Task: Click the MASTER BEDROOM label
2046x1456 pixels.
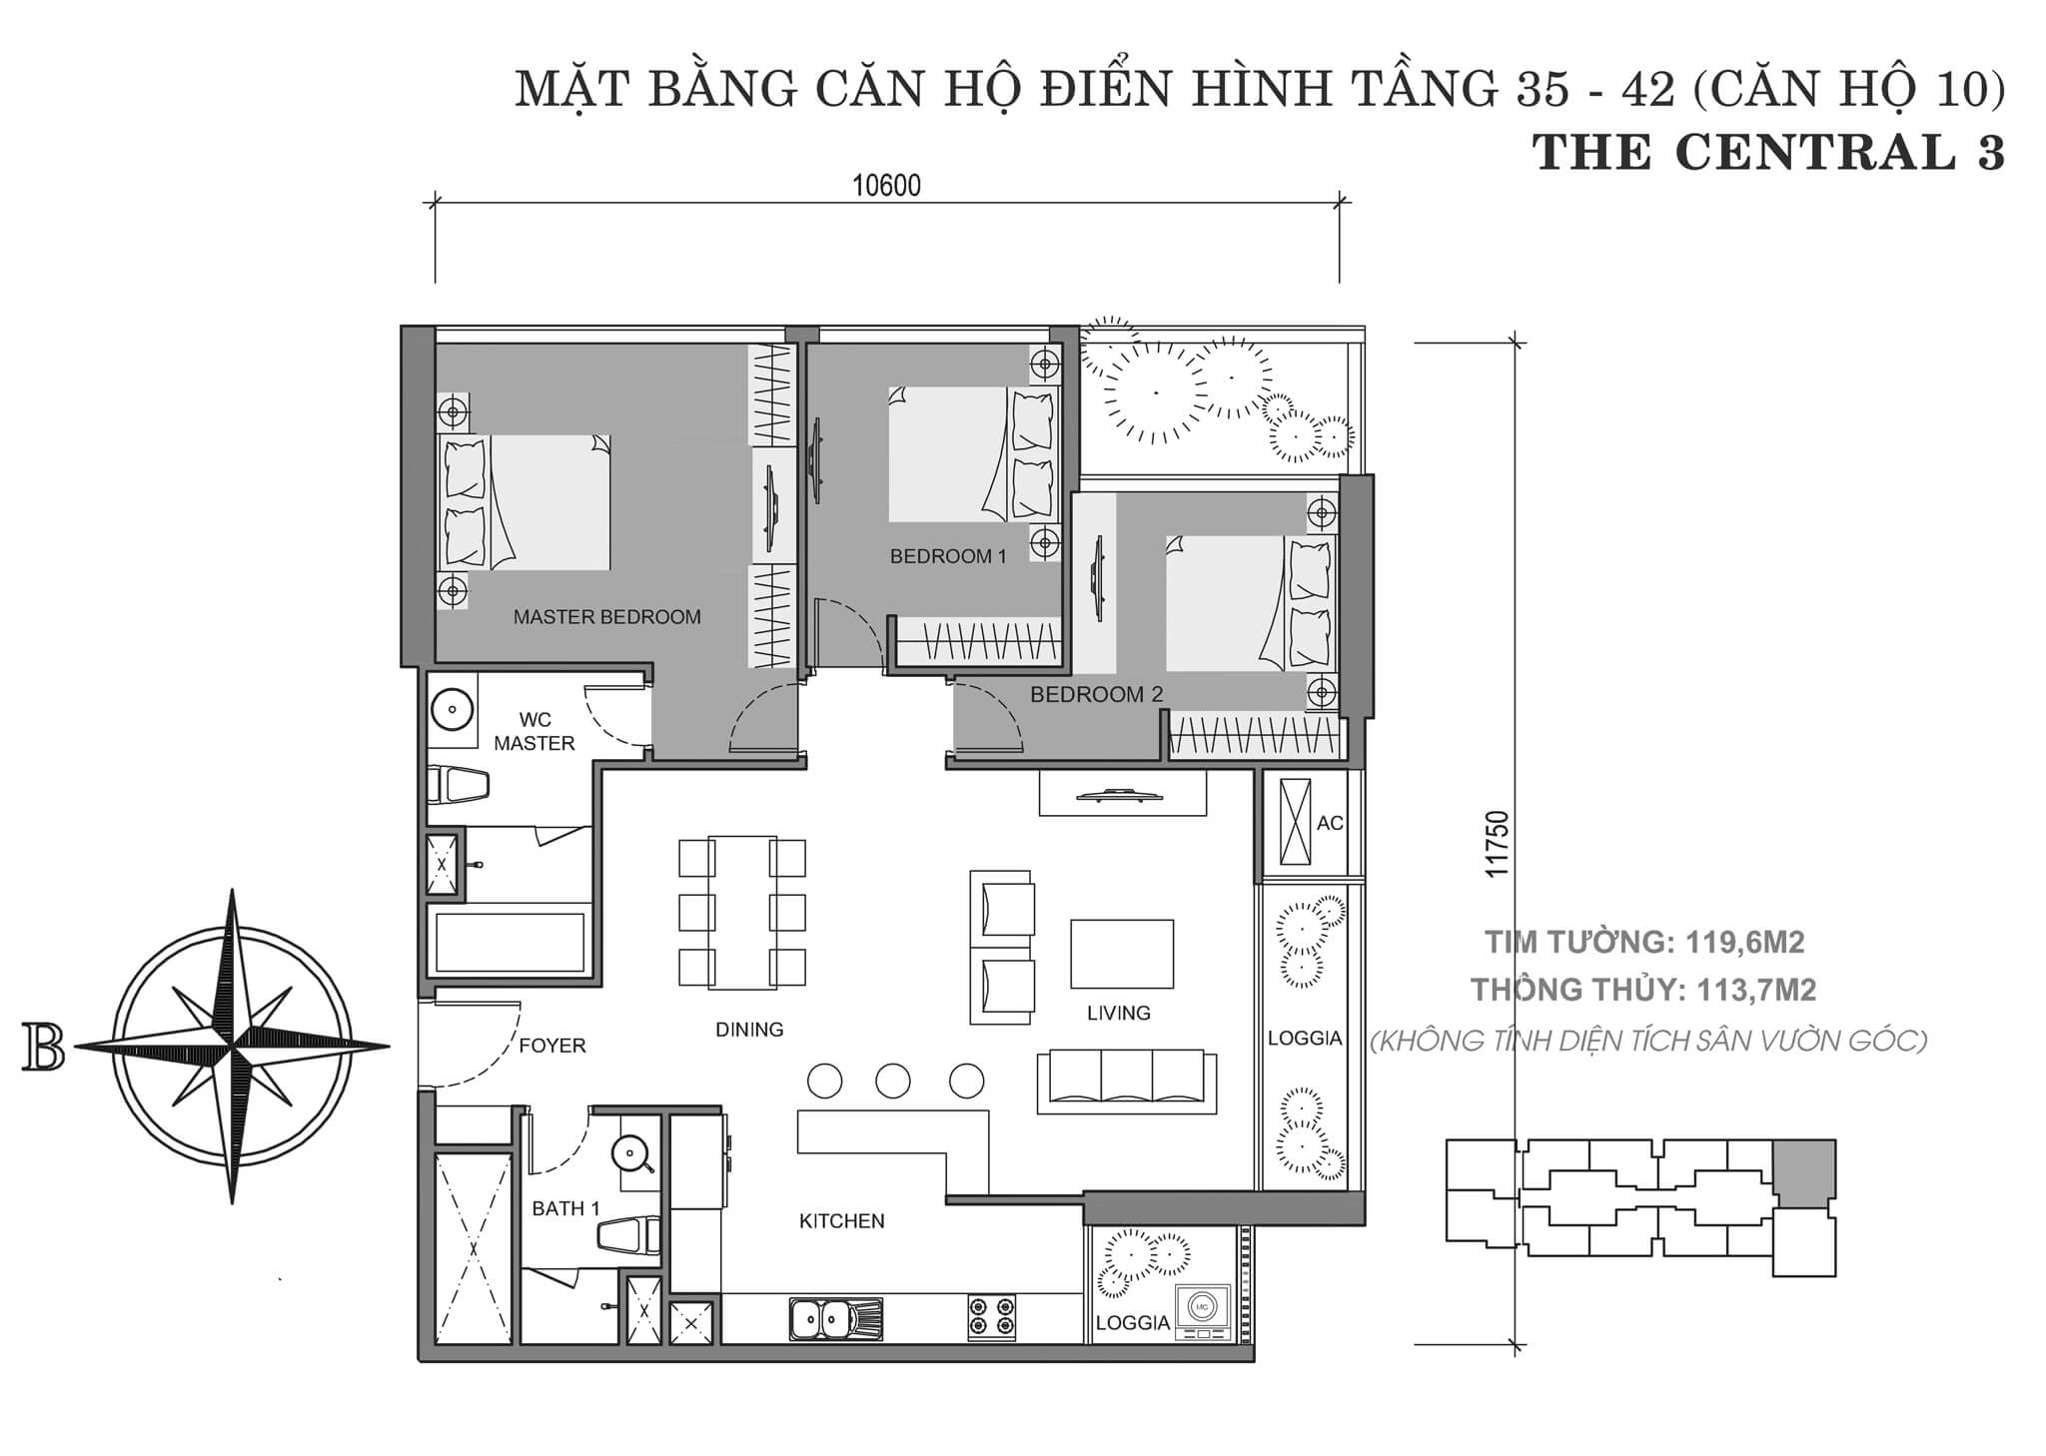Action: [606, 617]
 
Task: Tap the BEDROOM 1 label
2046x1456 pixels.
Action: [948, 556]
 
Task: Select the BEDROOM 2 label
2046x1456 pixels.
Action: [1096, 694]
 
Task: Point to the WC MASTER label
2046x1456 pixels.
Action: [534, 731]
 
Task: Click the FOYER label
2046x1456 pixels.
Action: [552, 1046]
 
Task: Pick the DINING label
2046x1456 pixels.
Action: [749, 1030]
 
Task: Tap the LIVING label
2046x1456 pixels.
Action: [1119, 1013]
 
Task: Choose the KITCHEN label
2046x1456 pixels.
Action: [842, 1220]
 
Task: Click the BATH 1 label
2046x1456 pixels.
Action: [565, 1208]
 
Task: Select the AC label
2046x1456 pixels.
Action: [1330, 823]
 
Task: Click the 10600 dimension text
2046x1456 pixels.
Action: [886, 186]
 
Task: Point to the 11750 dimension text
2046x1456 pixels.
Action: [1496, 844]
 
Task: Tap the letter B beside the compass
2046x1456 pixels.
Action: [43, 1047]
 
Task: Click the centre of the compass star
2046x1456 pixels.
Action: [233, 1046]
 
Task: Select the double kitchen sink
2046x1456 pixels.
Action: [835, 1318]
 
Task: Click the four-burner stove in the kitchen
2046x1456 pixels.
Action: [991, 1317]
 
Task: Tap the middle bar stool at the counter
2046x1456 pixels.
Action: [893, 1081]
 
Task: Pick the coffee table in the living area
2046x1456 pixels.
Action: [1122, 954]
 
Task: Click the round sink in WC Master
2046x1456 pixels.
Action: [452, 711]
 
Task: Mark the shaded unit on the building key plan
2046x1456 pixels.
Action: [1804, 1172]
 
